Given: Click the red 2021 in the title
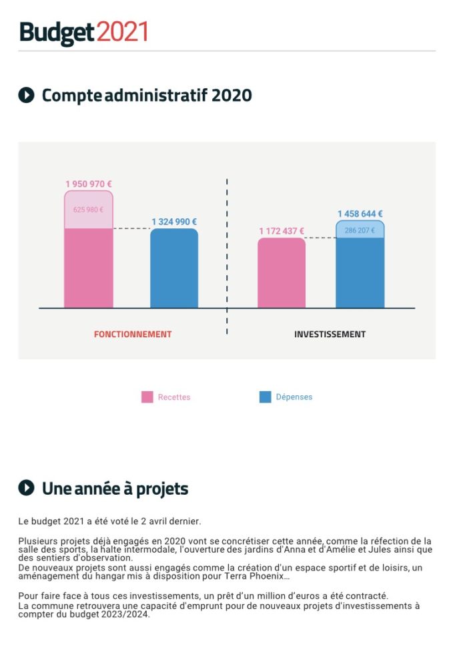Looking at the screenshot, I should tap(122, 32).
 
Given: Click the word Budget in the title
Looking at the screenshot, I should tap(57, 32).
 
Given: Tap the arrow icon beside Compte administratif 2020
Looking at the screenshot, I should tap(26, 95).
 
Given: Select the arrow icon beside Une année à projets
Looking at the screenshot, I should tap(26, 488).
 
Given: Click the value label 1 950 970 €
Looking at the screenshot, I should tap(89, 184).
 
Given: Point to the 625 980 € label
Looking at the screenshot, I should tap(88, 210).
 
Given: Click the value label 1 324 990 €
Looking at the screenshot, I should tap(174, 222).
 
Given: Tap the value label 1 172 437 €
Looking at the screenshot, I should tap(282, 231).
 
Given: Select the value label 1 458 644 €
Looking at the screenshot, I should tap(360, 214).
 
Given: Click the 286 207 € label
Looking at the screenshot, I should tap(360, 230).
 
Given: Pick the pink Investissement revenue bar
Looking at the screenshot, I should tap(282, 273).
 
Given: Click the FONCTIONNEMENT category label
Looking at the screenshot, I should tap(133, 334).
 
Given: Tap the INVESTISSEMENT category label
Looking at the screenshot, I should tap(330, 334).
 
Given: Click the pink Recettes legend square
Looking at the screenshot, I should tap(147, 397).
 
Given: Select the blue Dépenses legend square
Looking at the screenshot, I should tap(265, 397).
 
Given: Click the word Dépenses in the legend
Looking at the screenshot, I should tap(294, 397).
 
